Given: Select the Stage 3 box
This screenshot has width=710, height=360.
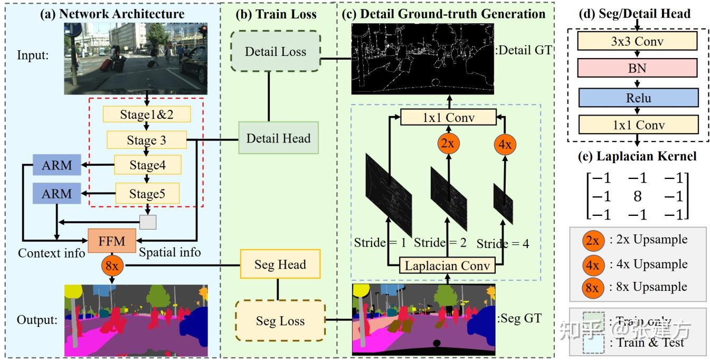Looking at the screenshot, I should [x=147, y=140].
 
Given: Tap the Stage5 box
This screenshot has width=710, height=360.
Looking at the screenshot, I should [x=147, y=194].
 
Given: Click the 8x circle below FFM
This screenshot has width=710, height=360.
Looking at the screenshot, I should [x=111, y=266].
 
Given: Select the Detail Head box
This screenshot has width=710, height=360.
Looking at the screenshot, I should [x=278, y=138].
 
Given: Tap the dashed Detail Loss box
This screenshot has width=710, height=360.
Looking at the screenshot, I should [x=275, y=51].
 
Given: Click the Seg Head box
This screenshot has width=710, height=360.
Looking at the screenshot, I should [x=280, y=264].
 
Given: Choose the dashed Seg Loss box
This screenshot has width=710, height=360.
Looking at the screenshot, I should [x=280, y=320].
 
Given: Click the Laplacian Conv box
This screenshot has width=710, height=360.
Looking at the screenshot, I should [x=447, y=265].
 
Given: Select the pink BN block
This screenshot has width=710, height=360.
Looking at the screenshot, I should [x=638, y=68].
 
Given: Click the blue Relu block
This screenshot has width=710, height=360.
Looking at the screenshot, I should [x=638, y=98].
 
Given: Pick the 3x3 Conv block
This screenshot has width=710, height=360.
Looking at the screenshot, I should [x=638, y=40].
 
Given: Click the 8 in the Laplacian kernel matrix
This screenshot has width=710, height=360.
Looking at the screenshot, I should [x=637, y=196].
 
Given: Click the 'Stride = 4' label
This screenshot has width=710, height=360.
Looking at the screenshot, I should [x=503, y=243].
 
